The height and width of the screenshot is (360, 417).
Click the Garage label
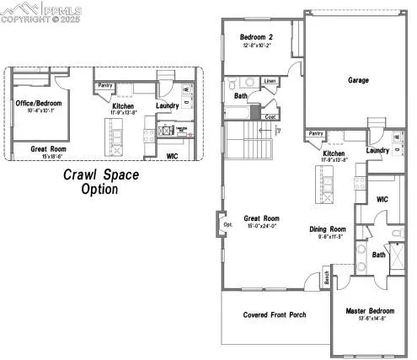(x=359, y=81)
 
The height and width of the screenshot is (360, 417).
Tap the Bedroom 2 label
(x=257, y=37)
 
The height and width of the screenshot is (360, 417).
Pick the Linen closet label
(x=270, y=81)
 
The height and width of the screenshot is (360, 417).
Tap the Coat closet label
(x=270, y=116)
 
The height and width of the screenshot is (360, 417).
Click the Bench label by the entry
(x=327, y=277)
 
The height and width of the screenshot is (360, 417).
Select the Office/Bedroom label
(x=38, y=103)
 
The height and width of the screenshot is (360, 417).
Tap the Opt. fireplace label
(x=227, y=225)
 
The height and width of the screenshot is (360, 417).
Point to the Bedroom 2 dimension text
(x=257, y=46)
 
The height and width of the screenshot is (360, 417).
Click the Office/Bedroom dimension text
(x=38, y=110)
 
